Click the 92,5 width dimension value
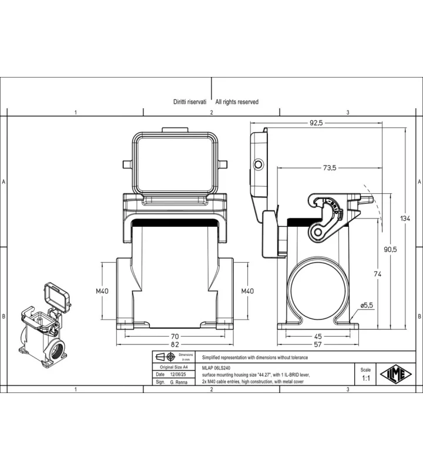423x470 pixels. pyautogui.click(x=316, y=123)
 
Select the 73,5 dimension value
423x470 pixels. pyautogui.click(x=330, y=168)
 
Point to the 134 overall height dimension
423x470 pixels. pyautogui.click(x=405, y=219)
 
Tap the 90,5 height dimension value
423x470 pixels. pyautogui.click(x=390, y=249)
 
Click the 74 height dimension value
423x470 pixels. pyautogui.click(x=378, y=274)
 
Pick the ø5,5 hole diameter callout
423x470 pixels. pyautogui.click(x=367, y=305)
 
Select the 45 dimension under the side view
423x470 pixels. pyautogui.click(x=318, y=337)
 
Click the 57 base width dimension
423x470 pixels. pyautogui.click(x=318, y=345)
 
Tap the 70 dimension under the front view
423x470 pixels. pyautogui.click(x=174, y=337)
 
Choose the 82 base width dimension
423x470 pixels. pyautogui.click(x=174, y=345)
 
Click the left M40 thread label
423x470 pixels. pyautogui.click(x=102, y=291)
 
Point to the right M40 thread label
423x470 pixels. pyautogui.click(x=247, y=291)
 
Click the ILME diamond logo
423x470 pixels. pyautogui.click(x=396, y=374)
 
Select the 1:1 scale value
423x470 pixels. pyautogui.click(x=366, y=378)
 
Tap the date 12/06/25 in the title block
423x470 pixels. pyautogui.click(x=178, y=374)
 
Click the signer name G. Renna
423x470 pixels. pyautogui.click(x=179, y=382)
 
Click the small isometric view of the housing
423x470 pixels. pyautogui.click(x=45, y=325)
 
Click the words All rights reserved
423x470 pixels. pyautogui.click(x=237, y=102)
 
